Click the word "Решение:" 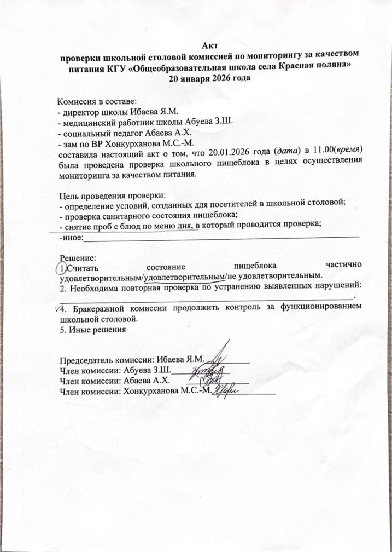(77, 257)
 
